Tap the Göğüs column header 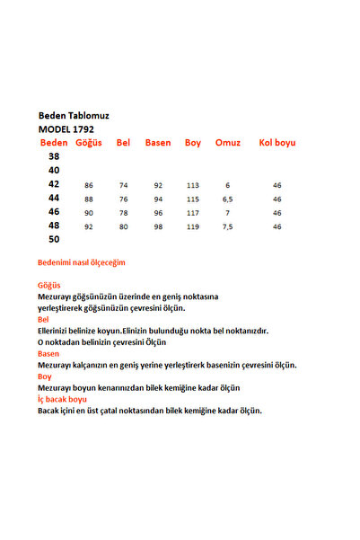[89, 143]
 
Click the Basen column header [158, 143]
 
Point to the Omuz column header [228, 143]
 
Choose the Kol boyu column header [277, 143]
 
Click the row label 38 [54, 156]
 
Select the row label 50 [54, 239]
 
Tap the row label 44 [54, 198]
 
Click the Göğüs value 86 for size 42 [89, 185]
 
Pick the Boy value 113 [192, 185]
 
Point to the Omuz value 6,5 [228, 199]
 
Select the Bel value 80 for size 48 [124, 226]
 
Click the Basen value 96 [158, 213]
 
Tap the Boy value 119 [192, 226]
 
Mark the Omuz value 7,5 [228, 226]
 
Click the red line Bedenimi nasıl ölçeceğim [82, 262]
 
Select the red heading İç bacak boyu [62, 399]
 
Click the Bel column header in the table [124, 143]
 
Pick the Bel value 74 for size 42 [124, 185]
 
